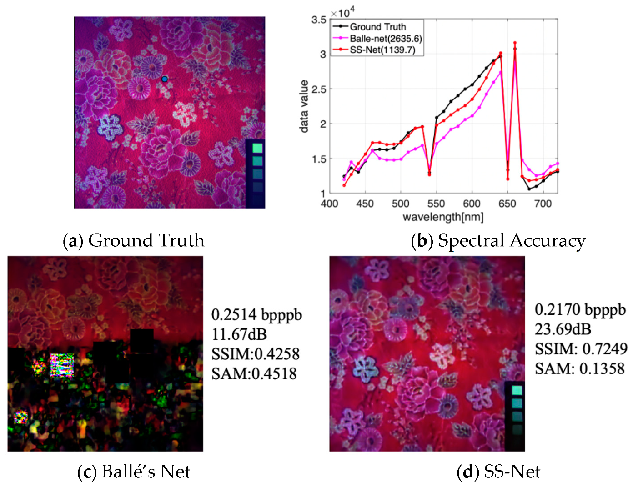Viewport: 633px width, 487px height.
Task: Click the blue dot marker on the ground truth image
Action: point(165,79)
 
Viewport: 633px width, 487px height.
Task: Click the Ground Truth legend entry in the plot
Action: point(377,27)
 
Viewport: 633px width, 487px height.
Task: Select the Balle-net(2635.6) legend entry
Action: point(385,39)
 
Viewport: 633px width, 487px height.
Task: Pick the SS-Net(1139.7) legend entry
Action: point(382,50)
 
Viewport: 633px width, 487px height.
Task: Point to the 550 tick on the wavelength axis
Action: point(436,204)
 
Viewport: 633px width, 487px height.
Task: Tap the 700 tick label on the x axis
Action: point(543,204)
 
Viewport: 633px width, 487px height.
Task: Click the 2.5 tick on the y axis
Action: point(319,89)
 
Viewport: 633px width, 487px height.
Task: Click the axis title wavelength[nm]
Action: point(443,217)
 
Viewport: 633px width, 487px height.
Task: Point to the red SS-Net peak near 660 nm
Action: point(515,43)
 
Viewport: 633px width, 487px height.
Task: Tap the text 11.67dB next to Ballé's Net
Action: point(239,334)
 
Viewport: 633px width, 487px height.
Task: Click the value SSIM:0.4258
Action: point(255,354)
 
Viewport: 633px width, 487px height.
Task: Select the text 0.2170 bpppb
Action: point(580,309)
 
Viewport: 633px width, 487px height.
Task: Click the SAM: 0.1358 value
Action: point(579,368)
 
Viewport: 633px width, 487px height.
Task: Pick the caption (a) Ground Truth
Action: point(134,240)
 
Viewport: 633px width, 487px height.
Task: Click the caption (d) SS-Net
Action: point(498,472)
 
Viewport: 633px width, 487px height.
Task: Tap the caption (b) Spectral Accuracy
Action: point(498,240)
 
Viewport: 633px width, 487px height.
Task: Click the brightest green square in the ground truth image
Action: point(257,148)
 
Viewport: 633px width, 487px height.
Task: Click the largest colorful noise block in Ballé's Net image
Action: point(62,365)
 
